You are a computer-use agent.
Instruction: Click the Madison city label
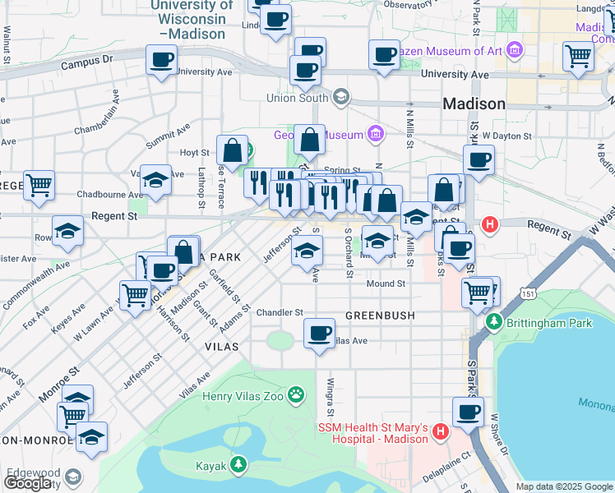click(474, 104)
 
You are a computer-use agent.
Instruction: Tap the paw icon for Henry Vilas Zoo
click(297, 398)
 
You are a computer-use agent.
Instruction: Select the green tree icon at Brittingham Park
click(494, 323)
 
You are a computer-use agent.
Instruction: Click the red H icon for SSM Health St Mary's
click(440, 431)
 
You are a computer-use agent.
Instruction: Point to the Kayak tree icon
click(238, 466)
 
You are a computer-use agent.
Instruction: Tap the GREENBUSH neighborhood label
click(379, 316)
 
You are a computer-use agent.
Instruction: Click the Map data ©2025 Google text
click(564, 486)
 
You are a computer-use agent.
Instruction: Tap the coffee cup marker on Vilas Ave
click(319, 334)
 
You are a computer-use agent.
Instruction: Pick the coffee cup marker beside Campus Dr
click(161, 60)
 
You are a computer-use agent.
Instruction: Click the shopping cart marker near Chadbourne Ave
click(39, 186)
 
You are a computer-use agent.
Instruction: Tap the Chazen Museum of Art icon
click(516, 51)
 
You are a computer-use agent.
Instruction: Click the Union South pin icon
click(340, 98)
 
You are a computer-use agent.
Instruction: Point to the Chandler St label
click(280, 313)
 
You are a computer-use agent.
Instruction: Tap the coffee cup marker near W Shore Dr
click(468, 412)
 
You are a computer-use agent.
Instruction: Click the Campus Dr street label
click(86, 62)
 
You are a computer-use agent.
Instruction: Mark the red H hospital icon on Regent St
click(491, 223)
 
